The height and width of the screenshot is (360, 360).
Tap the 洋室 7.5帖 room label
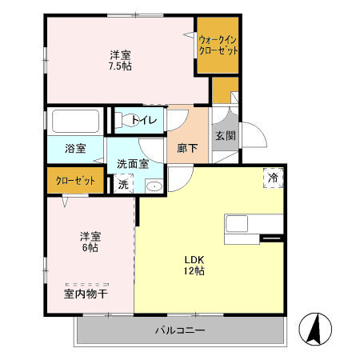click(x=121, y=61)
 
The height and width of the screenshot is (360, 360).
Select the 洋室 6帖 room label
click(x=90, y=242)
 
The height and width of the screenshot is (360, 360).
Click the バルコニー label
click(x=180, y=330)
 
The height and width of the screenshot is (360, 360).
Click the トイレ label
click(x=148, y=121)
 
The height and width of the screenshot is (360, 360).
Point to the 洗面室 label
click(x=132, y=164)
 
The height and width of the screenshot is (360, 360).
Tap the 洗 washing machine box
click(x=123, y=185)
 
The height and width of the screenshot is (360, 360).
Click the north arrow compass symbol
click(x=314, y=328)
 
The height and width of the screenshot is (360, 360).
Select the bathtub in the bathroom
click(x=75, y=122)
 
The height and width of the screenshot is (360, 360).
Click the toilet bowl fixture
click(x=126, y=121)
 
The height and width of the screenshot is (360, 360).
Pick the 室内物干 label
click(x=86, y=294)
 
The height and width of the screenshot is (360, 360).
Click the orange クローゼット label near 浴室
click(x=75, y=181)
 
